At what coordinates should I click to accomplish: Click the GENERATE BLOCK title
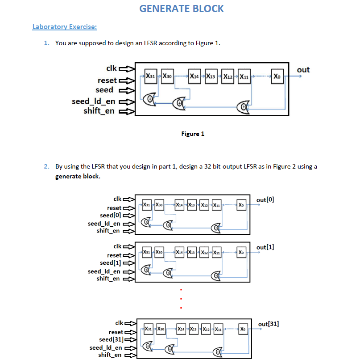182,8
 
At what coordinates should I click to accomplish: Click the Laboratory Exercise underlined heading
65,26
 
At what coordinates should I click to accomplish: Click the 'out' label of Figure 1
303,69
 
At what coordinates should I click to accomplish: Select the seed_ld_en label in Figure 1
93,102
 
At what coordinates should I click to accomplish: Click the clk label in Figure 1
111,68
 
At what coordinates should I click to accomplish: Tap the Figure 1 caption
193,134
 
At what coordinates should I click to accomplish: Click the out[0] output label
265,199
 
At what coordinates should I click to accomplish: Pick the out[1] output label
265,247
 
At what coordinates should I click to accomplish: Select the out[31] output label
268,323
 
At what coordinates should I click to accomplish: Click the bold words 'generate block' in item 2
78,176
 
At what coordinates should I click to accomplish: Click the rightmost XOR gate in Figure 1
244,106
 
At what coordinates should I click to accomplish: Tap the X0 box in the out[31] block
243,329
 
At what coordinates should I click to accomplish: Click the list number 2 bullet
46,167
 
